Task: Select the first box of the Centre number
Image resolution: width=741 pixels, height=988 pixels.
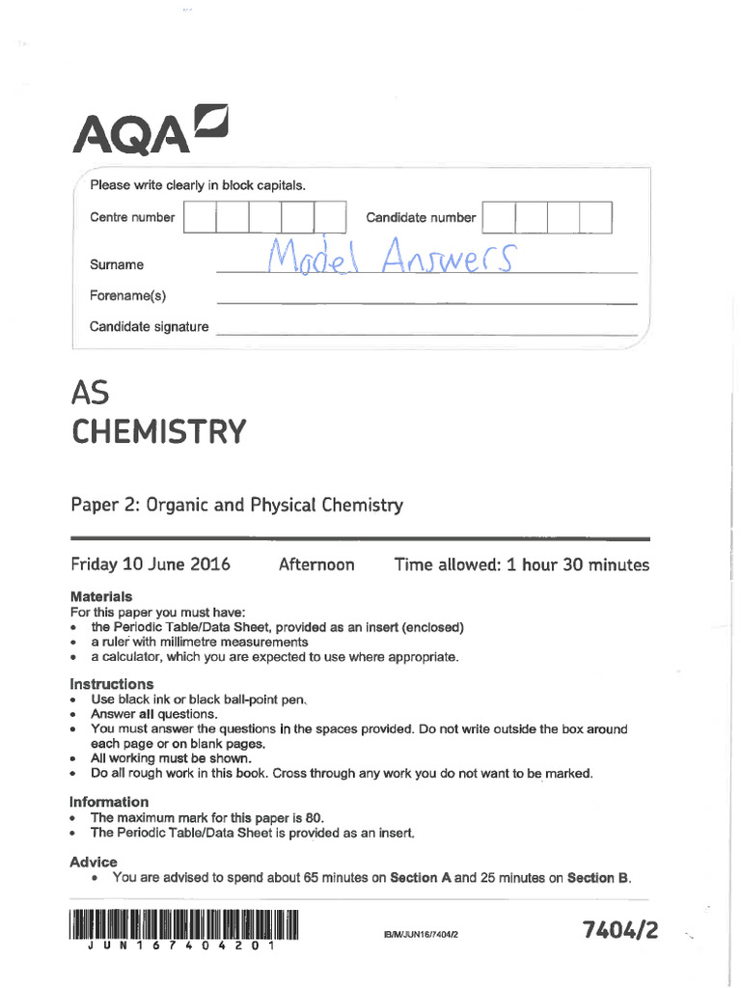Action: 199,217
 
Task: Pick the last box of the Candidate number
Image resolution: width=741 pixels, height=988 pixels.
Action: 595,217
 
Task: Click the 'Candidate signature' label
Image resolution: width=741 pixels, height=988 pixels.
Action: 149,327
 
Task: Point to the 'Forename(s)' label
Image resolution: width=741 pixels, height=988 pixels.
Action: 127,296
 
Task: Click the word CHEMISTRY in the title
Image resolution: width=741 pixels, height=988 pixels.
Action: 159,430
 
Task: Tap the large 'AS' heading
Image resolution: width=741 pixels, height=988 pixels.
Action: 92,393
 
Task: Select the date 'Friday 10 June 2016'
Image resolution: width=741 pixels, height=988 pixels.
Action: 151,564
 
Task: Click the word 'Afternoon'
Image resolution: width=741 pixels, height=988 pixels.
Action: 316,564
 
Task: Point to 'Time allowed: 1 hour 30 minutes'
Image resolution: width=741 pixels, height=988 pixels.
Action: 521,564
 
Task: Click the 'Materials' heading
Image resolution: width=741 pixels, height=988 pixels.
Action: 101,596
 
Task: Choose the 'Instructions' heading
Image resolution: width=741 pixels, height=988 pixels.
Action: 111,684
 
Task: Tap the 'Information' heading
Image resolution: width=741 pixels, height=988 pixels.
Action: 109,802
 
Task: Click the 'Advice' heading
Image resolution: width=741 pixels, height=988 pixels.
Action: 94,862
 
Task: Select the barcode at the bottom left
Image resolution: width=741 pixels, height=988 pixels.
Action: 183,927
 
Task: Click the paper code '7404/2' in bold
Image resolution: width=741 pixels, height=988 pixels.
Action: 620,930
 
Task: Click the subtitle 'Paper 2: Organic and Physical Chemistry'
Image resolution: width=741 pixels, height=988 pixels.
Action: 236,505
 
